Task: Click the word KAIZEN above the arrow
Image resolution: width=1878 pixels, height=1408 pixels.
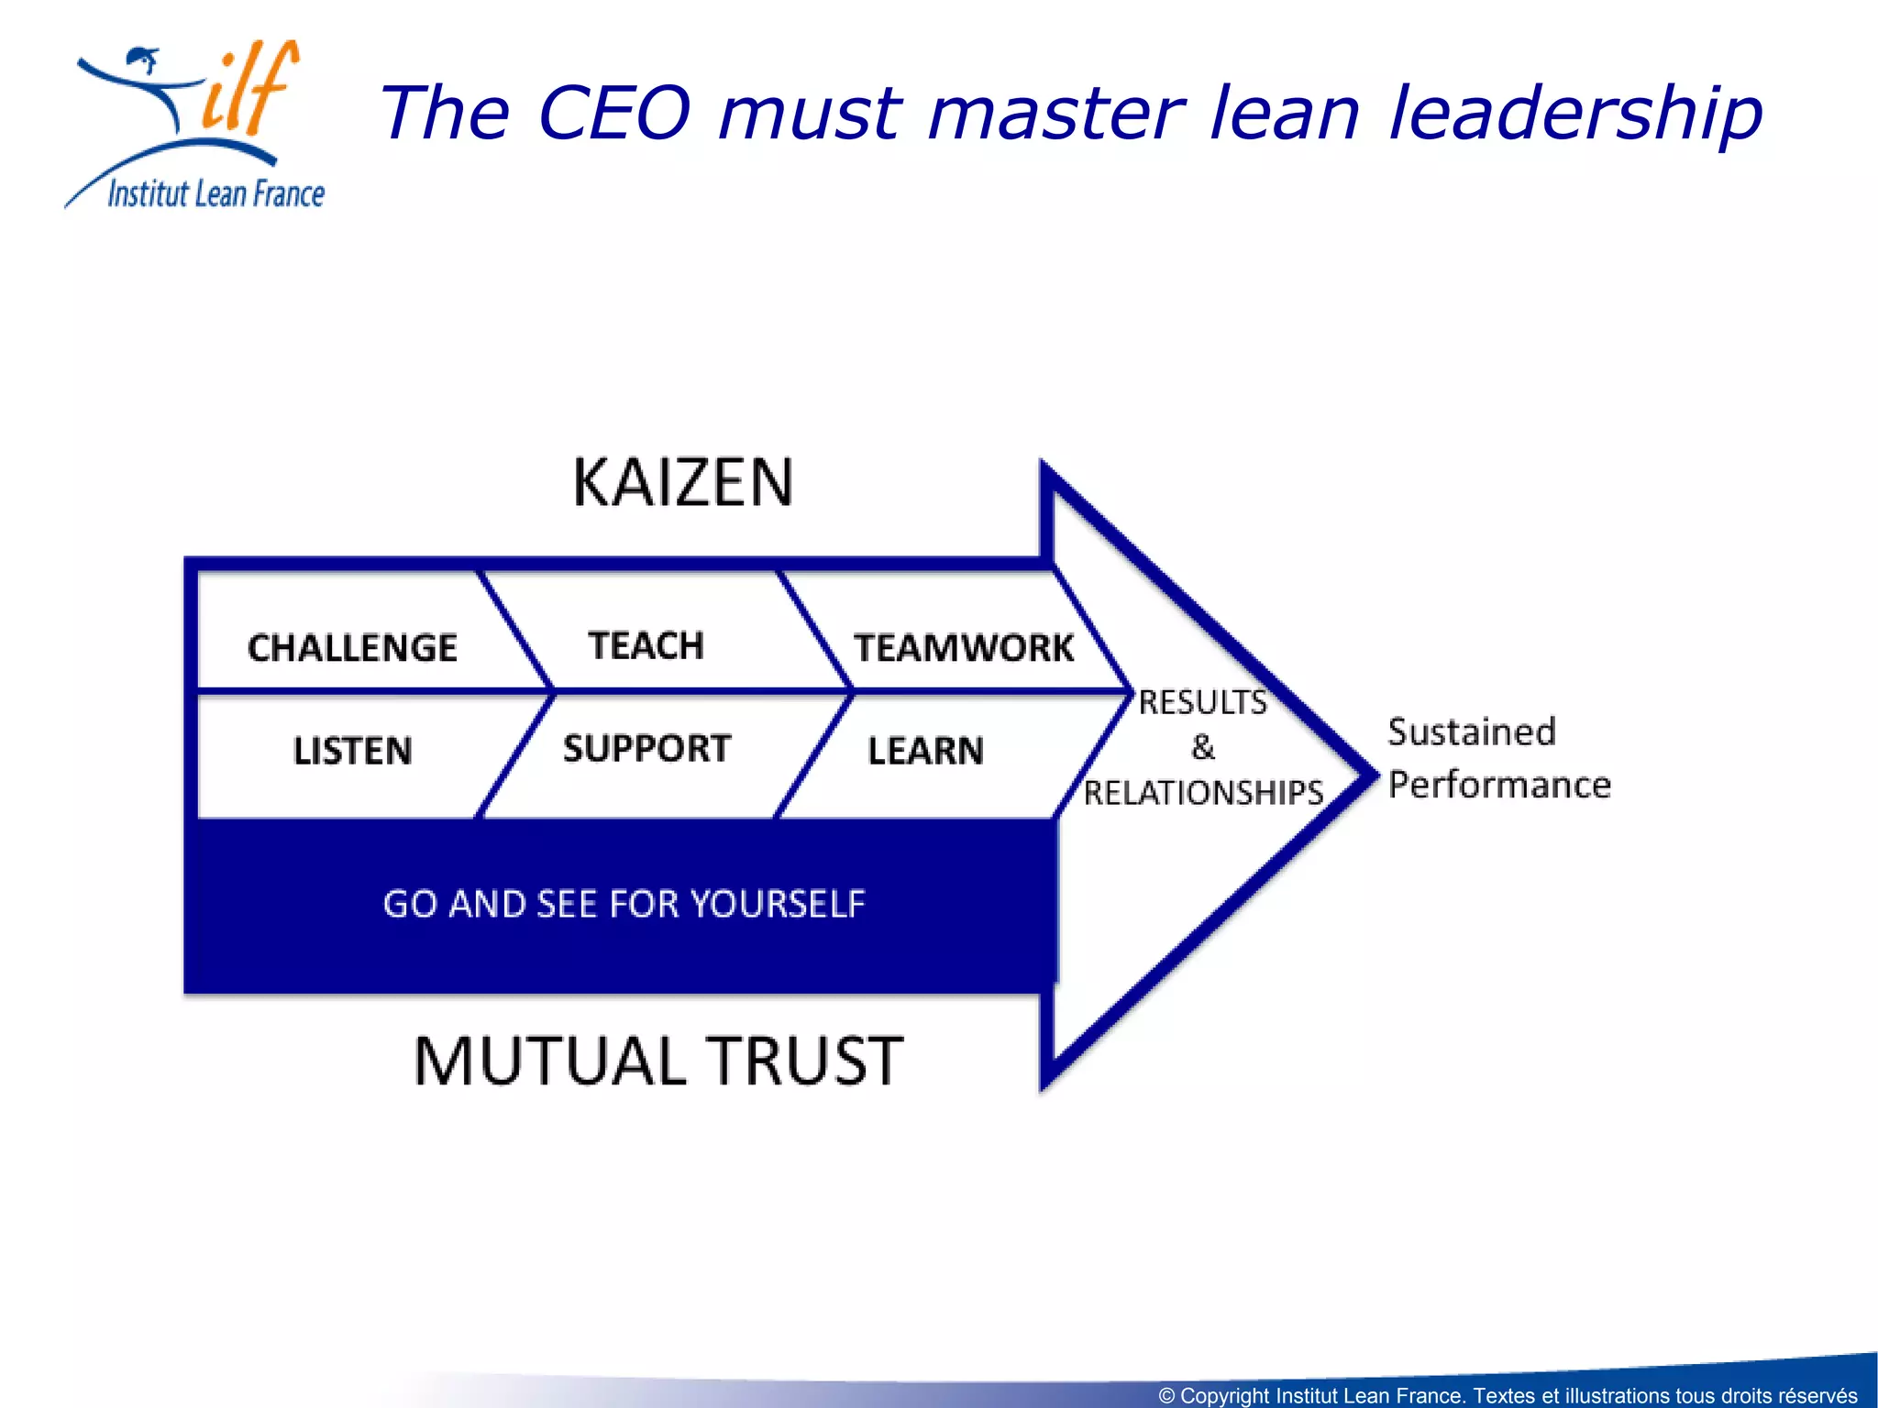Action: (x=683, y=483)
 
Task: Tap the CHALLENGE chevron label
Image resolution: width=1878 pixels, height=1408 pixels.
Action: (x=352, y=648)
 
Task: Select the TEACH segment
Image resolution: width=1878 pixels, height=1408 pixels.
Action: (x=646, y=646)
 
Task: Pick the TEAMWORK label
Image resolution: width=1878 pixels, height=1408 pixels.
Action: (x=964, y=648)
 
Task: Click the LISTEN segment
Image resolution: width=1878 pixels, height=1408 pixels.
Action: (x=352, y=751)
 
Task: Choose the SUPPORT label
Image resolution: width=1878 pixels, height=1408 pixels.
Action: (x=646, y=749)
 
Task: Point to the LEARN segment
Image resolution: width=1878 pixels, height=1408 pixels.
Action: (x=925, y=751)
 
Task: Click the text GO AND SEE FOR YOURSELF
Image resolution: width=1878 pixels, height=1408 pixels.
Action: (x=624, y=904)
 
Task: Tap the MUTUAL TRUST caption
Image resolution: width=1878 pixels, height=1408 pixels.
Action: (x=658, y=1061)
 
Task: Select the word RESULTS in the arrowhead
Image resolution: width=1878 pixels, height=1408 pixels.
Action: (x=1202, y=702)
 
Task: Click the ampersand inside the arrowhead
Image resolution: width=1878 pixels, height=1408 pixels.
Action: (x=1203, y=747)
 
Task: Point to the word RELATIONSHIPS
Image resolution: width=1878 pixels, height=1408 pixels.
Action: (x=1203, y=793)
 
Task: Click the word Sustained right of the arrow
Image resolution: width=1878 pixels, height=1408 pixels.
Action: (x=1472, y=731)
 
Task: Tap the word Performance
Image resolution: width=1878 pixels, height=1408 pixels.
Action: (x=1499, y=785)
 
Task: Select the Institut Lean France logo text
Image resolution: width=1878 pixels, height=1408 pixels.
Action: (x=216, y=194)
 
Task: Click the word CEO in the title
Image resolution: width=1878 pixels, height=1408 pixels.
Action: (x=613, y=113)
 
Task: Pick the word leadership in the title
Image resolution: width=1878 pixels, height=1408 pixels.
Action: (x=1575, y=113)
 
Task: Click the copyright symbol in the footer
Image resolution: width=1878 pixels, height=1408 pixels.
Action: (x=1166, y=1396)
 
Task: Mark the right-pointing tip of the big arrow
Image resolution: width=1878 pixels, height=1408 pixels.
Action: (x=1373, y=775)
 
